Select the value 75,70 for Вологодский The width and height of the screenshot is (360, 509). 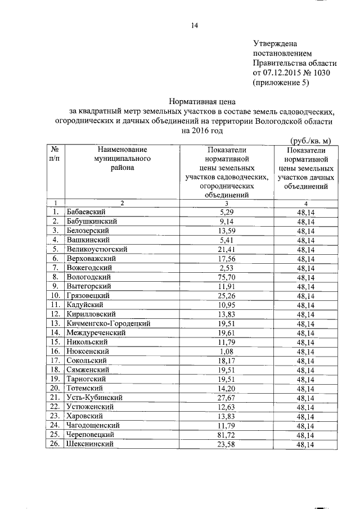227,277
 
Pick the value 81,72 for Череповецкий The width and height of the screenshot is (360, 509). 227,435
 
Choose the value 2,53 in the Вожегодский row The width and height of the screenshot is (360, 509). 228,268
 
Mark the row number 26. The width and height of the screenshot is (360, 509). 55,444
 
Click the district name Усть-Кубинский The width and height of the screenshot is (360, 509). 95,398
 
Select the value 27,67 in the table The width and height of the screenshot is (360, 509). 227,398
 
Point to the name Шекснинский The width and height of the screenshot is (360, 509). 91,444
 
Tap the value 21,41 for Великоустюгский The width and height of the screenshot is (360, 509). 227,249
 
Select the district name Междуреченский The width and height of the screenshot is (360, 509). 96,333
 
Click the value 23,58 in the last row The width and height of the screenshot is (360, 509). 227,444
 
